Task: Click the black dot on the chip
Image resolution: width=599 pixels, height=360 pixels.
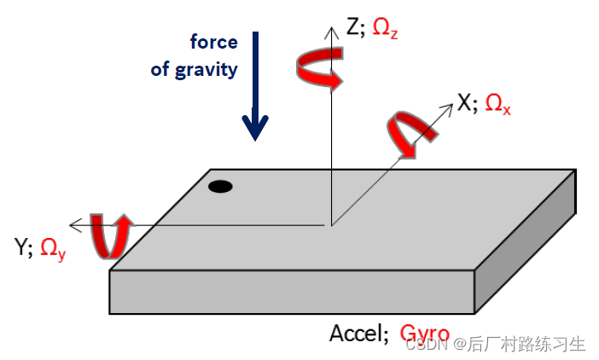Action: [x=220, y=186]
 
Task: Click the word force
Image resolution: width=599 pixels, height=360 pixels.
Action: [x=213, y=42]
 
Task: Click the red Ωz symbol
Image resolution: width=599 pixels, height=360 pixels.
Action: [x=386, y=31]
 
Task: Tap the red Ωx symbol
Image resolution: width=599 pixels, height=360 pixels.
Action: [x=497, y=105]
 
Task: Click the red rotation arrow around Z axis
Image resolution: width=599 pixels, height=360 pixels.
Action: [x=320, y=69]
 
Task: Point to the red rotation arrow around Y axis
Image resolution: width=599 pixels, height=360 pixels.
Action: [x=110, y=235]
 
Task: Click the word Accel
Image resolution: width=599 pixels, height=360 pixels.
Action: [x=358, y=334]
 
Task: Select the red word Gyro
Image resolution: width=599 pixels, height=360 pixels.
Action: [x=424, y=334]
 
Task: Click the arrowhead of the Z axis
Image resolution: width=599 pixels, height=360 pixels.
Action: [x=330, y=29]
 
